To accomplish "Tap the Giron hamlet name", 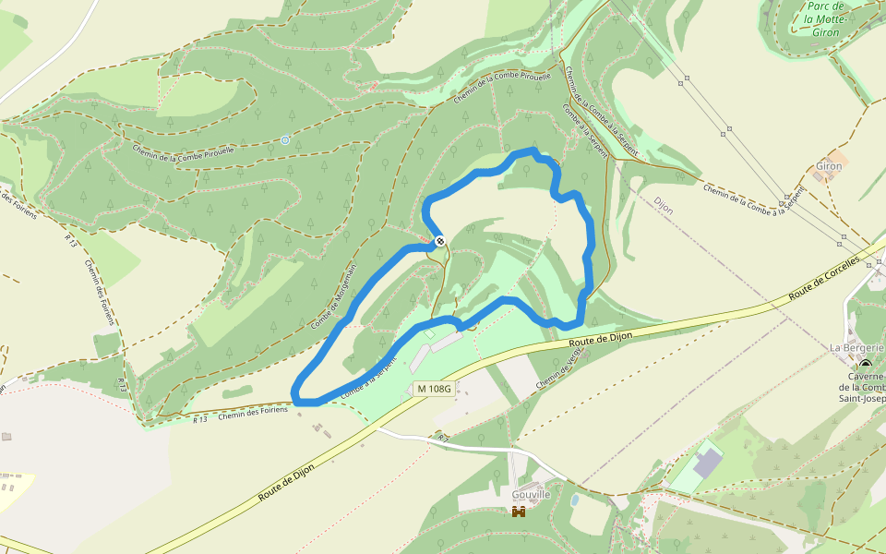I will (x=829, y=166).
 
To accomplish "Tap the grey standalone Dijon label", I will (x=663, y=205).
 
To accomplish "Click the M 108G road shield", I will (x=433, y=390).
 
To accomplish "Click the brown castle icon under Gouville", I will (x=518, y=511).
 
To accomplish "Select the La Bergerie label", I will (x=856, y=347).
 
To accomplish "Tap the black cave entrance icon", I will (x=865, y=364).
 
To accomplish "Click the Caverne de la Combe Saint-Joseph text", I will (x=868, y=387).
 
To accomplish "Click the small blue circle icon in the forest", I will (x=285, y=140).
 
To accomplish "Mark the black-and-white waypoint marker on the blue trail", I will (x=440, y=241).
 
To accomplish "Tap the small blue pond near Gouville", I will (x=575, y=500).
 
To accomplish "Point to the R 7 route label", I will (x=443, y=436).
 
